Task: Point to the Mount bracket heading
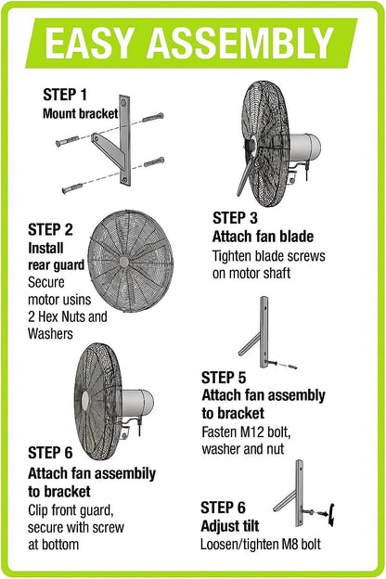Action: click(81, 114)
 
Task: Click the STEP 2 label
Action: click(50, 228)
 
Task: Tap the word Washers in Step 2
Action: click(53, 332)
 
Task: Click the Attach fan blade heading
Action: click(264, 236)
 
